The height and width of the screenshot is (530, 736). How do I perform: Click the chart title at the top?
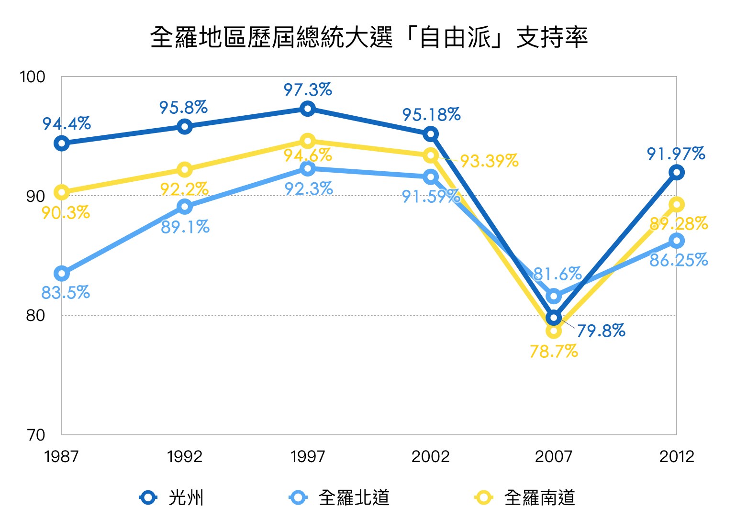368,37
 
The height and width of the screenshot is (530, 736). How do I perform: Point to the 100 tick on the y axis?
33,77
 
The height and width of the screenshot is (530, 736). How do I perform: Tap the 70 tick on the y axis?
35,435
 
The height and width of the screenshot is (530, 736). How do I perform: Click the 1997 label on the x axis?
308,457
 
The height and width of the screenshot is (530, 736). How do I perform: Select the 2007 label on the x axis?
554,457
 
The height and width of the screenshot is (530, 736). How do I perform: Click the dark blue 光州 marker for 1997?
308,109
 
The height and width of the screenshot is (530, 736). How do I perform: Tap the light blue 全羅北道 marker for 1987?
62,274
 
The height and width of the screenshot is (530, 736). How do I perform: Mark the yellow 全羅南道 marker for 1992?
185,169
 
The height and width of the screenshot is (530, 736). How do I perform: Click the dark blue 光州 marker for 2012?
676,172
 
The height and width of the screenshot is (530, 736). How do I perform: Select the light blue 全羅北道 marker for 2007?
554,296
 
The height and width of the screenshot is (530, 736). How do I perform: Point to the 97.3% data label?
308,89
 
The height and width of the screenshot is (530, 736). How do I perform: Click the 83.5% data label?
66,292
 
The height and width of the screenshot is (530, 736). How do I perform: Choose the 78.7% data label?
554,352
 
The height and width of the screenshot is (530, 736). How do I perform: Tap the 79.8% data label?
601,331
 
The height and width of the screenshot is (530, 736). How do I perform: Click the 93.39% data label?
489,161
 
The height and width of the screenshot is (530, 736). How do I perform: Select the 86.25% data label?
679,260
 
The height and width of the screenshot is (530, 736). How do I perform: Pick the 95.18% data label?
431,115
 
